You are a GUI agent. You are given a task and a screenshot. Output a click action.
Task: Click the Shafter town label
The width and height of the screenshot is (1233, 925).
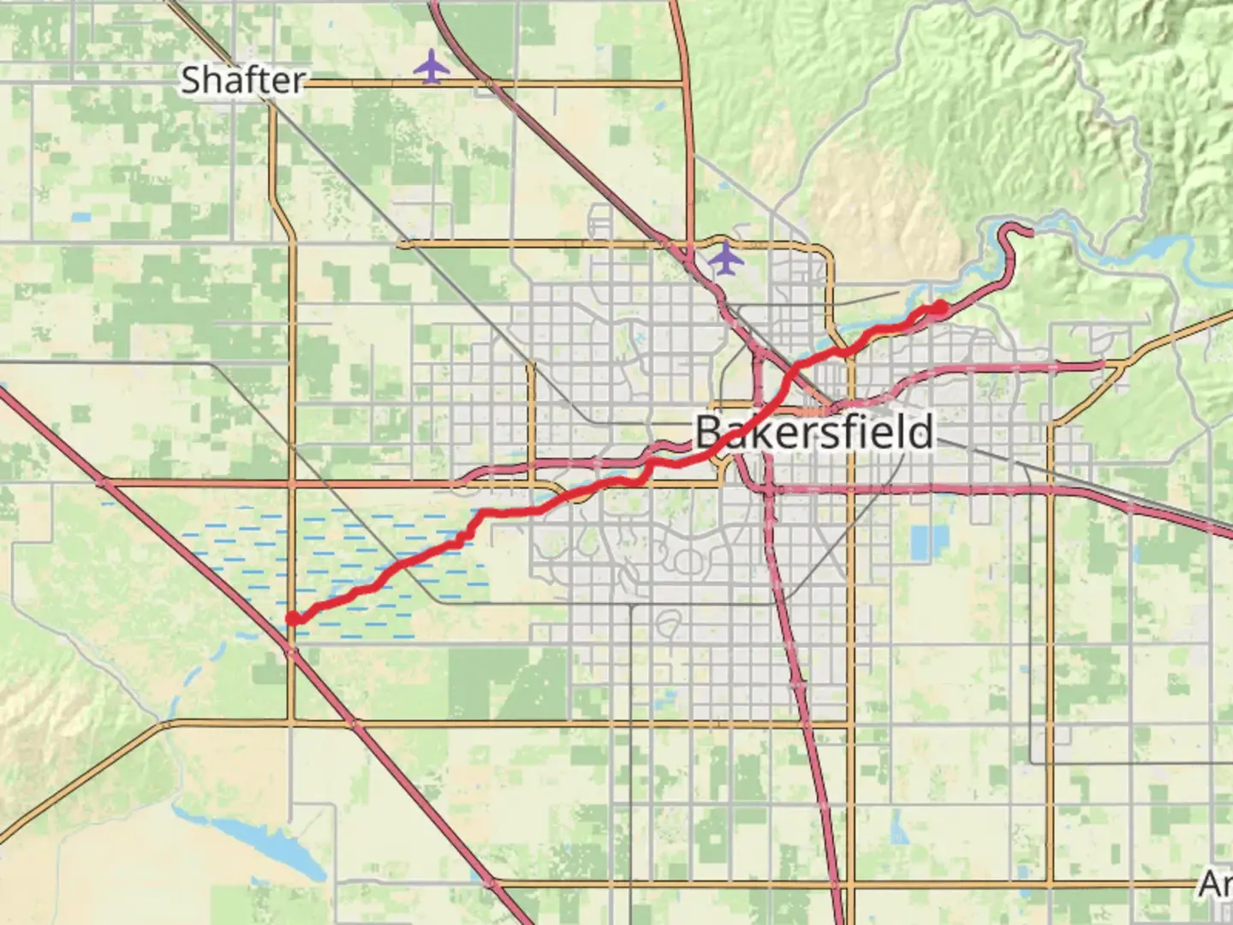[x=243, y=81]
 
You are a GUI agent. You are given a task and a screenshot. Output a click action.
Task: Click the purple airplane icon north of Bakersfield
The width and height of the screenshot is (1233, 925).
[x=726, y=258]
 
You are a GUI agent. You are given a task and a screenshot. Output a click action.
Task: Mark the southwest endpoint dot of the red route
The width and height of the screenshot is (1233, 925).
[x=293, y=618]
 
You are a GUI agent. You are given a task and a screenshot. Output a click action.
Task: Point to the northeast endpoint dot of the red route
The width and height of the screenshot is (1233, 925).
[x=939, y=307]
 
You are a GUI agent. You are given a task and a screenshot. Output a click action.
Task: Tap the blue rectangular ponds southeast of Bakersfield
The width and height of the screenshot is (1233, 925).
[x=926, y=540]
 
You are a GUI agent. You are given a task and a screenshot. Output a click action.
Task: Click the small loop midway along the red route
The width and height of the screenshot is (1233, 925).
[x=462, y=537]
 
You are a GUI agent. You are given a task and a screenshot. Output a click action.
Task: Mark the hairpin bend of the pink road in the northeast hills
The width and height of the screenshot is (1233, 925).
[x=1019, y=230]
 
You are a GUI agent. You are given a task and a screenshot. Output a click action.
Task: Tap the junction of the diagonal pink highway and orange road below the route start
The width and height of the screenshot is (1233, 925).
[x=291, y=653]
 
